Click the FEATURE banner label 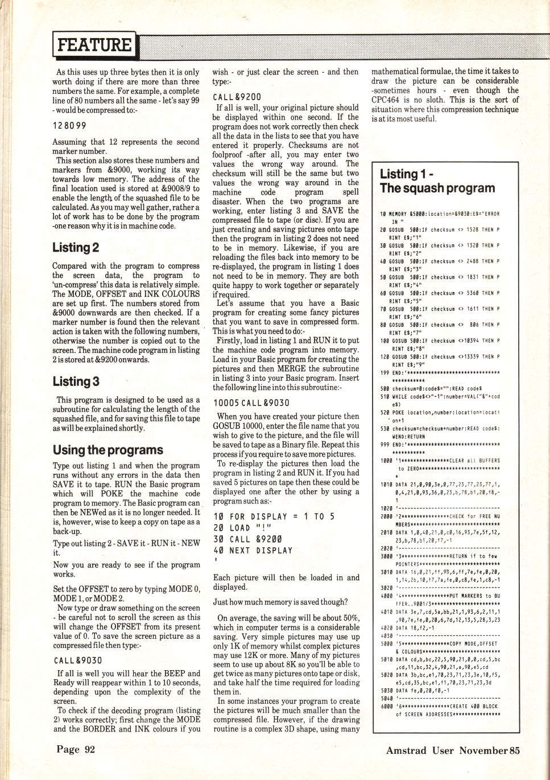coord(94,44)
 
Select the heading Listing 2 coord(76,248)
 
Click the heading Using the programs coord(107,450)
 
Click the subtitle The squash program coord(437,188)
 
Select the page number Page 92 coord(76,749)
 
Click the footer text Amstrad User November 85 coord(453,750)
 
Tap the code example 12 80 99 coord(69,125)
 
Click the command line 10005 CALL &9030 coord(251,403)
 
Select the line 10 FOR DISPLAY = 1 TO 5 coord(274,516)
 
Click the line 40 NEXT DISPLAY coord(253,551)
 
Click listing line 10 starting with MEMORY coord(439,214)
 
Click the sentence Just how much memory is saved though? coord(280,602)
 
